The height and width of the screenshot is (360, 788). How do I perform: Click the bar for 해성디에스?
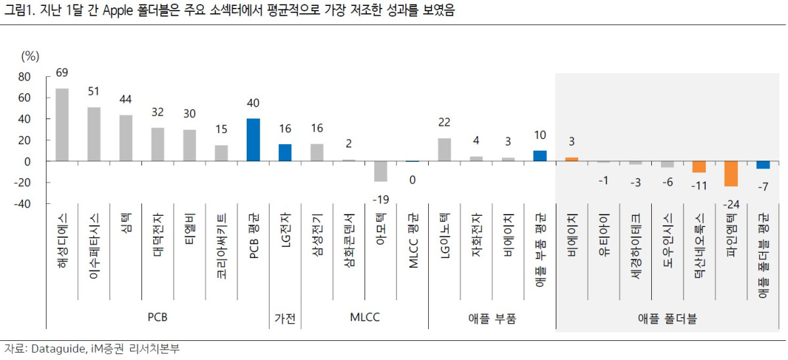pyautogui.click(x=62, y=125)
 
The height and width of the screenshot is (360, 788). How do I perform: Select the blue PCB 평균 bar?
pyautogui.click(x=253, y=140)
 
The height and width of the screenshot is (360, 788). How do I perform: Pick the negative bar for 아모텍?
pyautogui.click(x=380, y=171)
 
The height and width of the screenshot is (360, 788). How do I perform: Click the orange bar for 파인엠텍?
pyautogui.click(x=731, y=174)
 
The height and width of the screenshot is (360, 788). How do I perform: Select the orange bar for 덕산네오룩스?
pyautogui.click(x=699, y=167)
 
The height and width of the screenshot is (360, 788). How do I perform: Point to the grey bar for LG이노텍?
pyautogui.click(x=445, y=149)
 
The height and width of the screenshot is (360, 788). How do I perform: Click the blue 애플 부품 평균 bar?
pyautogui.click(x=540, y=156)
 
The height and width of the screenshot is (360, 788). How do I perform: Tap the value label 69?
pyautogui.click(x=62, y=72)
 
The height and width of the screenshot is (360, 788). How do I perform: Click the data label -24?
pyautogui.click(x=731, y=204)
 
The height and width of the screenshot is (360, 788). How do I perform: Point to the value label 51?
pyautogui.click(x=93, y=91)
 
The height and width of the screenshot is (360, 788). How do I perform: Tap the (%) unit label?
pyautogui.click(x=31, y=55)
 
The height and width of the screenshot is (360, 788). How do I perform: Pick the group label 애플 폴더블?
pyautogui.click(x=668, y=319)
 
